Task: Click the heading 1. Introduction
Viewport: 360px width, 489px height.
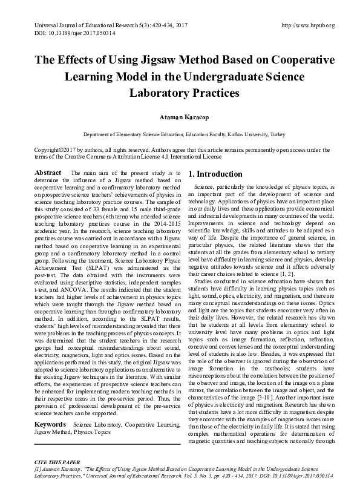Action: point(216,174)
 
